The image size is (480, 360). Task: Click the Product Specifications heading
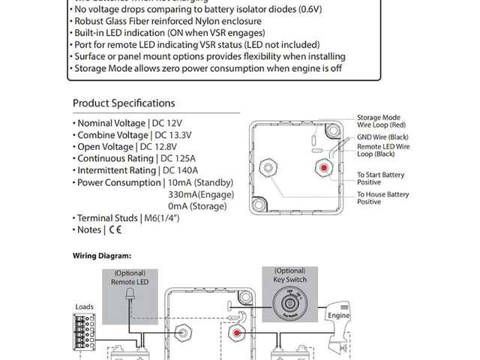point(124,103)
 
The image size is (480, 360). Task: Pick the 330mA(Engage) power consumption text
point(202,194)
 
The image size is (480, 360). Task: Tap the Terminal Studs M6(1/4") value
point(168,218)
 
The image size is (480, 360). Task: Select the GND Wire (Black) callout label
point(383,137)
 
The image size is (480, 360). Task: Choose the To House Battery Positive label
point(382,198)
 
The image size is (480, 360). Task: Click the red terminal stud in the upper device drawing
point(323,166)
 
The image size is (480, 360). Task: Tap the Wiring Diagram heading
point(102,255)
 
